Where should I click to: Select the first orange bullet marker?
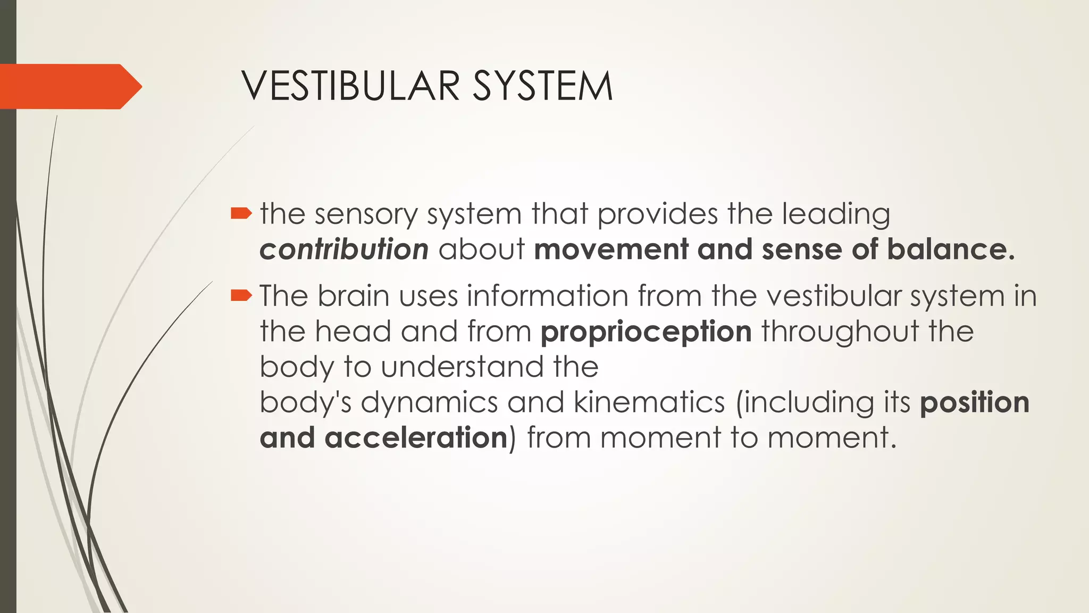pos(241,214)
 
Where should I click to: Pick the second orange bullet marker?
pos(241,295)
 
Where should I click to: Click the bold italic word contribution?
pos(344,250)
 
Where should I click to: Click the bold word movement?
pos(611,250)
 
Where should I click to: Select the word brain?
pos(354,296)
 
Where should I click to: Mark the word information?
pos(548,296)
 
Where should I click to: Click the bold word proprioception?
pos(646,332)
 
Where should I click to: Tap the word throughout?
pos(840,332)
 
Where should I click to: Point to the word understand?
pos(463,367)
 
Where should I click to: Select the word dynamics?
pos(429,402)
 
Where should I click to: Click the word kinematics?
pos(649,402)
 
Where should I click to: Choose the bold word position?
pos(975,403)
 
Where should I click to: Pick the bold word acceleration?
pos(416,437)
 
